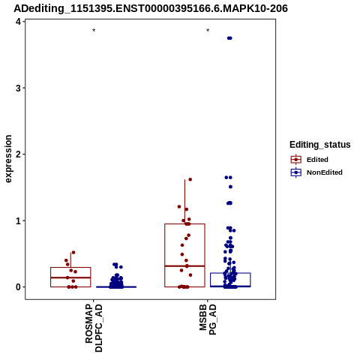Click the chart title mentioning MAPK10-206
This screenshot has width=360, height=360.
[151, 8]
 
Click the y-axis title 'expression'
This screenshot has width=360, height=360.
[8, 159]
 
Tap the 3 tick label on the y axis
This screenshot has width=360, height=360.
[18, 88]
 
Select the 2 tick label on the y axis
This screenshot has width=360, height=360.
[18, 154]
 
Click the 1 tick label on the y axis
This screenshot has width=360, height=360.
[18, 220]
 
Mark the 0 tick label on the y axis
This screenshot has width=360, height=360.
[18, 287]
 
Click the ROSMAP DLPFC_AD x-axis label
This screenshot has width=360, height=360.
[94, 328]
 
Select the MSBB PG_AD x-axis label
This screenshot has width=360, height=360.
[208, 319]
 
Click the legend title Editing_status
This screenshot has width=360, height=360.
[320, 145]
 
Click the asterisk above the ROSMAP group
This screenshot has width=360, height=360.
[94, 31]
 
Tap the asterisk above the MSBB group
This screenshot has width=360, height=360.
[208, 31]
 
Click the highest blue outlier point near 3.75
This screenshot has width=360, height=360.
[229, 38]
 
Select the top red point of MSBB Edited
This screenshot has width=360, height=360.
[190, 179]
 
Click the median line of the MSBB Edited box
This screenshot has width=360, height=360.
[184, 266]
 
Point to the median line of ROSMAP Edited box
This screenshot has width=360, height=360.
[70, 277]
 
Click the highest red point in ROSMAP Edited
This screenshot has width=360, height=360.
[73, 253]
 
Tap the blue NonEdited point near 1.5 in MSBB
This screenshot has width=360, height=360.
[230, 187]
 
